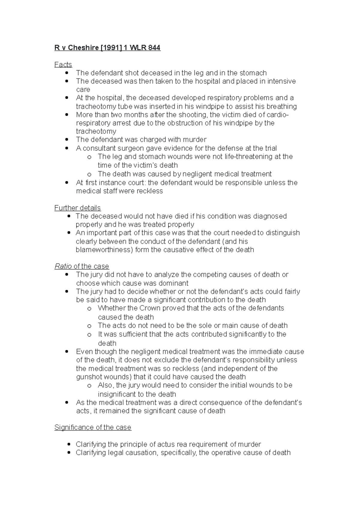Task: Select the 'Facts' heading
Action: (x=63, y=64)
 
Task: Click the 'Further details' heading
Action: (x=77, y=208)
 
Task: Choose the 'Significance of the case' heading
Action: (x=93, y=427)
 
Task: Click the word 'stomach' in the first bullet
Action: (x=254, y=73)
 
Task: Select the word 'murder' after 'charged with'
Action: (x=195, y=140)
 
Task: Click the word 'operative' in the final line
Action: (x=226, y=453)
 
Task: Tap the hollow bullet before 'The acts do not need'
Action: (x=89, y=326)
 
